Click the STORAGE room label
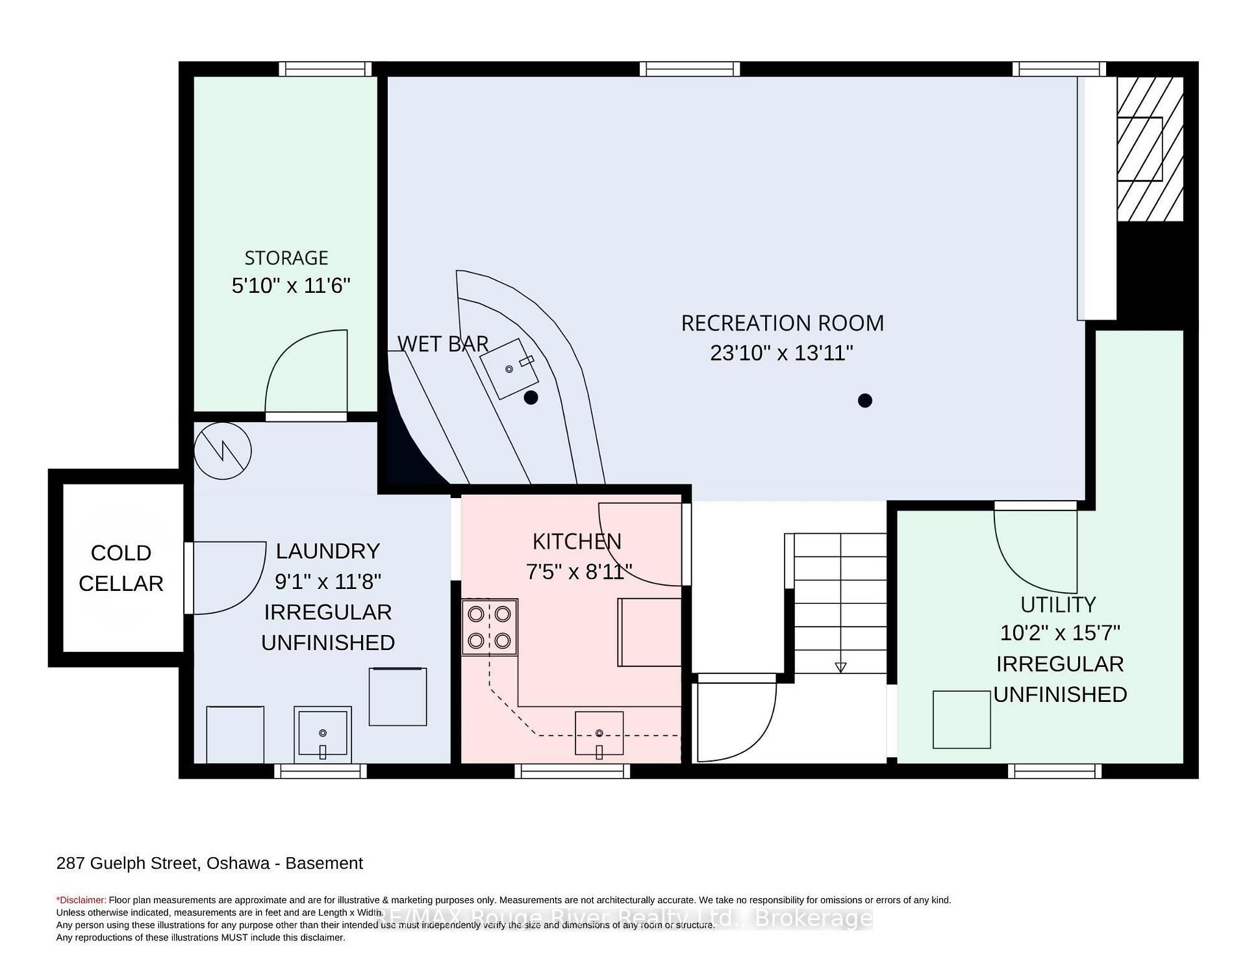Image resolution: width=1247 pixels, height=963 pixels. click(x=286, y=258)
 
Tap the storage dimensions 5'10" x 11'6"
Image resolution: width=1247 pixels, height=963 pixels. click(x=291, y=285)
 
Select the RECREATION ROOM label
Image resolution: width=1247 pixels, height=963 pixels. click(x=783, y=323)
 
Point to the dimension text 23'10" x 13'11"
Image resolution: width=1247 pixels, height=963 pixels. click(x=781, y=353)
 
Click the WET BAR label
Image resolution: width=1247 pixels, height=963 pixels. click(x=443, y=344)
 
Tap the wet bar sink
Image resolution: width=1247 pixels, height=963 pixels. click(x=510, y=368)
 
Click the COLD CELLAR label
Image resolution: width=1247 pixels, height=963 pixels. click(x=121, y=568)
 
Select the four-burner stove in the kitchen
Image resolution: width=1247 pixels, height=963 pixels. click(x=490, y=627)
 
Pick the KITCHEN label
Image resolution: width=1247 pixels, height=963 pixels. click(x=577, y=541)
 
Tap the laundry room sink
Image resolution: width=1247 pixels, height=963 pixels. click(x=323, y=734)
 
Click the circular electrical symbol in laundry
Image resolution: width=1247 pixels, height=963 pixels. click(x=223, y=451)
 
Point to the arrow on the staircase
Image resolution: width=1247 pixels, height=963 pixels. click(x=840, y=667)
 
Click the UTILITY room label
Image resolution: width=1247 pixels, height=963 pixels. click(x=1058, y=605)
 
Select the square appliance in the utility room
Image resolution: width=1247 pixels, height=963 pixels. click(x=962, y=719)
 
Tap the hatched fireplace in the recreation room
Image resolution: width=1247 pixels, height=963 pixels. click(x=1150, y=149)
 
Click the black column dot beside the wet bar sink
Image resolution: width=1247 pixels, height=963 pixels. click(x=531, y=397)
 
